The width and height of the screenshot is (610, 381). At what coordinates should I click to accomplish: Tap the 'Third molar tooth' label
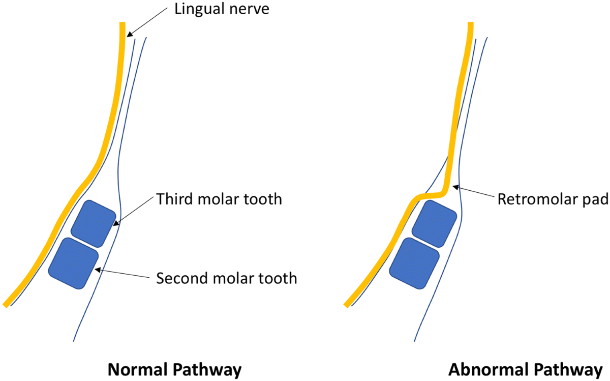point(219,199)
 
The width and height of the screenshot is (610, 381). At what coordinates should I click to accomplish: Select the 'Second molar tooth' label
point(226,278)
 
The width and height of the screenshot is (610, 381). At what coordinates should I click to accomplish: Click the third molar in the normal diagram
point(93,224)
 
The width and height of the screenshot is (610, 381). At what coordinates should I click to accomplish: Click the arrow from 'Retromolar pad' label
point(478,192)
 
